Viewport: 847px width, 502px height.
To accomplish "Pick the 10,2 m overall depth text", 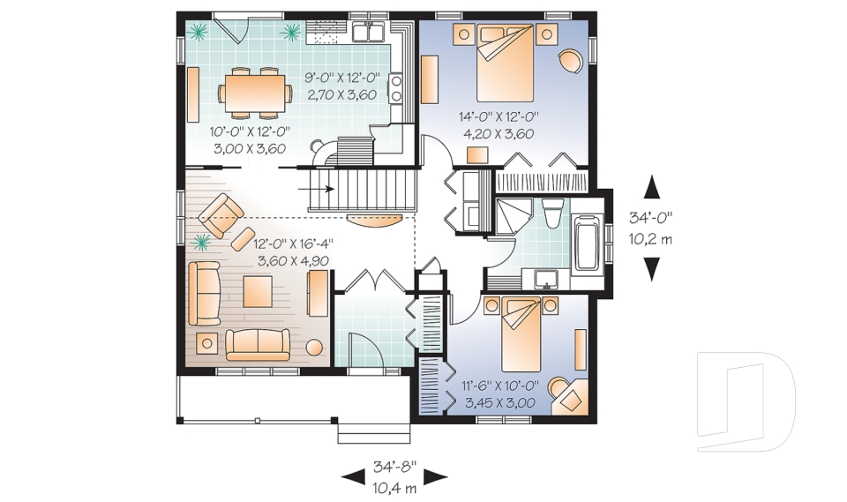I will [x=652, y=238].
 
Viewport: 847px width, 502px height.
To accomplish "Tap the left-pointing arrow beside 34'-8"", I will [x=352, y=477].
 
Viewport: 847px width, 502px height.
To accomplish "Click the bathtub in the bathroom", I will [x=586, y=239].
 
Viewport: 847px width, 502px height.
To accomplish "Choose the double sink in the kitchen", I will [x=367, y=34].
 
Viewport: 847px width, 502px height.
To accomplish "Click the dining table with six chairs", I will [x=256, y=92].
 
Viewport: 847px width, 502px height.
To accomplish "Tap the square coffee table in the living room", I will [x=258, y=290].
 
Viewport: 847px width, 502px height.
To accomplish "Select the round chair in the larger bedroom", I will [x=571, y=59].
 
